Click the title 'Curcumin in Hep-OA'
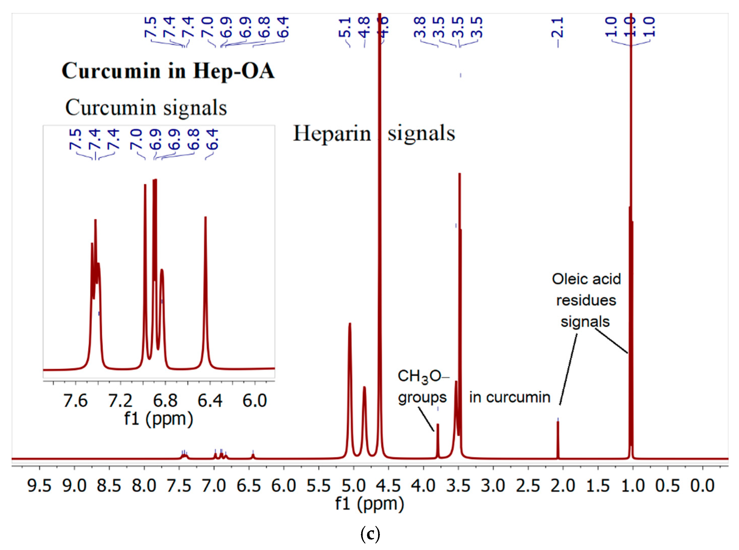pos(168,71)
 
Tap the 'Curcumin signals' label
pos(146,108)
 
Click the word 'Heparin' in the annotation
pos(332,133)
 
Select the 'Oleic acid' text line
pos(586,279)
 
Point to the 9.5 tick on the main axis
pos(39,486)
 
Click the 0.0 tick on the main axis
pos(702,486)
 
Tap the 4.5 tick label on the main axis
pos(388,486)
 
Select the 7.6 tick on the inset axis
pos(75,400)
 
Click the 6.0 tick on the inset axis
pos(254,400)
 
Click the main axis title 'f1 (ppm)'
pos(370,504)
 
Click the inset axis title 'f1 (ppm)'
pos(159,419)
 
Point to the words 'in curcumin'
pos(510,397)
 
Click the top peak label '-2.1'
pos(558,28)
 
